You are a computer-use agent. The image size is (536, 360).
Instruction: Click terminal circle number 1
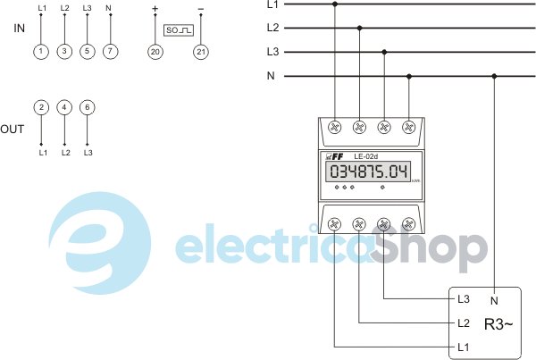[x=41, y=52]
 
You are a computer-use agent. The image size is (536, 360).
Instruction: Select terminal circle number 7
[x=108, y=52]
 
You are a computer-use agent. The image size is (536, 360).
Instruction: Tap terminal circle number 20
[x=155, y=52]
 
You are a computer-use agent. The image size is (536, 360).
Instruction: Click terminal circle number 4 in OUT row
[x=63, y=107]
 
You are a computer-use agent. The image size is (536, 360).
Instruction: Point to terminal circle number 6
[x=87, y=107]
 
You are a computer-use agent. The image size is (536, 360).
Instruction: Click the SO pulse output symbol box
[x=178, y=29]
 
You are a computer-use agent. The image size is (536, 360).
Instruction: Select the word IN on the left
[x=20, y=29]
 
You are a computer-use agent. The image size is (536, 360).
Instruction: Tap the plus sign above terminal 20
[x=155, y=9]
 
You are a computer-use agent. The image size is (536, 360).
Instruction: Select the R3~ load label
[x=498, y=323]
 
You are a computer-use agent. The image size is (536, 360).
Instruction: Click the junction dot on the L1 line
[x=335, y=4]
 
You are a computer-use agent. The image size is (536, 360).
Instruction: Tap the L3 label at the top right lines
[x=272, y=52]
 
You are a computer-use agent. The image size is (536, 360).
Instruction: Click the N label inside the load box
[x=494, y=299]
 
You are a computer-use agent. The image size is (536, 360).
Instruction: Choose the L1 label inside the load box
[x=463, y=346]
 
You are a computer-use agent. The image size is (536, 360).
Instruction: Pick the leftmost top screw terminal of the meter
[x=336, y=127]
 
